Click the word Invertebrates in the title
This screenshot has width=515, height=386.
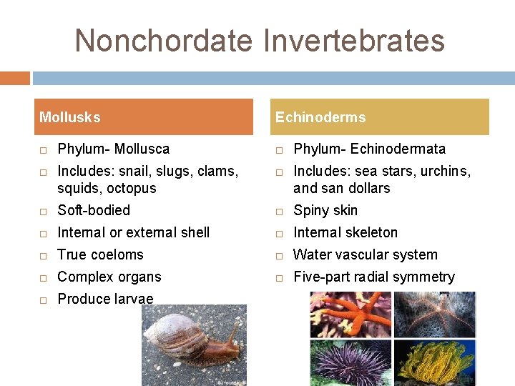(x=354, y=40)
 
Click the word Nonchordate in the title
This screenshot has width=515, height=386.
(x=164, y=40)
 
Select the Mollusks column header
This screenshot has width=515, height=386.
(x=70, y=117)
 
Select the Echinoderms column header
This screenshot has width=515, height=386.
(x=320, y=117)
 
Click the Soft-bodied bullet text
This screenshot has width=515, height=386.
(x=94, y=210)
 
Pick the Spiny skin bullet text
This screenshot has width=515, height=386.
(x=325, y=210)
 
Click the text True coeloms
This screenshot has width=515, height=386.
(x=100, y=254)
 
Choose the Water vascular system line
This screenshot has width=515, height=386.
(x=365, y=254)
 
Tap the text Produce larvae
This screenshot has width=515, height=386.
(x=105, y=299)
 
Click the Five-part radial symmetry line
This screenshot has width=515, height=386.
(x=373, y=277)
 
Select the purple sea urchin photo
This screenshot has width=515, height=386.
(x=350, y=362)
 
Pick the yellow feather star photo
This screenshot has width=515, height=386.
(x=434, y=362)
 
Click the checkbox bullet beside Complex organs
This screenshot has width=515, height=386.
(x=43, y=277)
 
